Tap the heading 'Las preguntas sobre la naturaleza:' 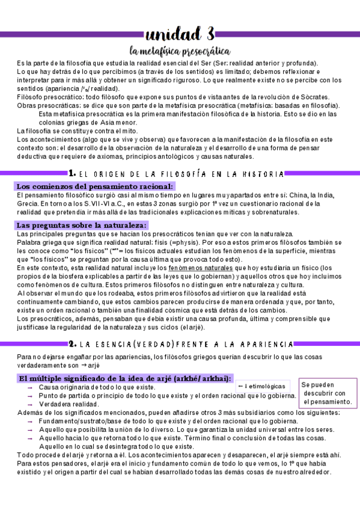coord(82,225)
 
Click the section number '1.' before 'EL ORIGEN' coord(72,173)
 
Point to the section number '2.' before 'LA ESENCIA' coord(72,344)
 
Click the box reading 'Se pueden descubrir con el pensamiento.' coord(326,393)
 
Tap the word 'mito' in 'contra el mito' coord(129,131)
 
